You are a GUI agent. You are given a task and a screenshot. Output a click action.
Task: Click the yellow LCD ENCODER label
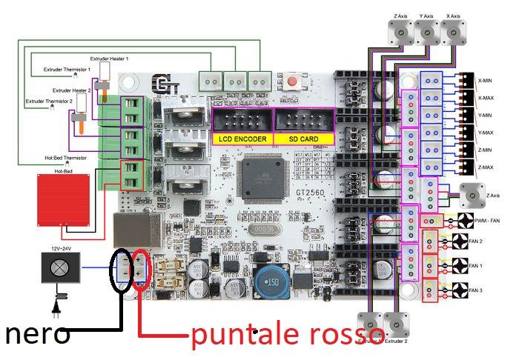(242, 139)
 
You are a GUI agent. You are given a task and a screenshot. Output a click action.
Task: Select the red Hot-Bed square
(64, 199)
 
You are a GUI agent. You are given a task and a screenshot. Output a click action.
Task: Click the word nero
(38, 334)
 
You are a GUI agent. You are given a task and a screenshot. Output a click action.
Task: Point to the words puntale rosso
(288, 335)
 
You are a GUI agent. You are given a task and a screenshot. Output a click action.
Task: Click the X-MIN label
(486, 81)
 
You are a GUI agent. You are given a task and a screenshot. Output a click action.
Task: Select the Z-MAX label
(486, 167)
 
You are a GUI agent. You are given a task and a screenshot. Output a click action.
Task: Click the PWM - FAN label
(486, 221)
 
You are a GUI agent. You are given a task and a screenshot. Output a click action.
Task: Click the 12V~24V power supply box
(56, 267)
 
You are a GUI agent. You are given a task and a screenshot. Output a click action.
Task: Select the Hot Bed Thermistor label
(65, 158)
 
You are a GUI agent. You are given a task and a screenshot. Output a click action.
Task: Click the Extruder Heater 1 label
(109, 58)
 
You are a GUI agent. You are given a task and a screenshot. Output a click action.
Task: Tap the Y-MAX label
(486, 133)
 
